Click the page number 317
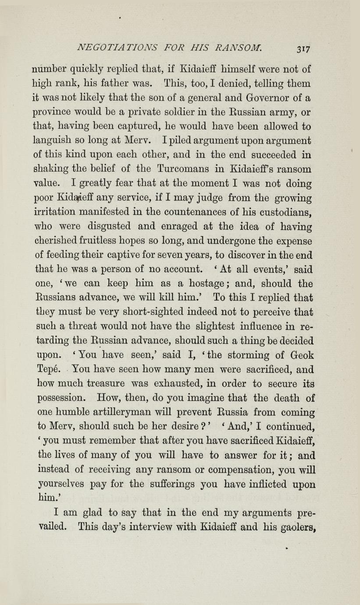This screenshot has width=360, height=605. click(x=303, y=48)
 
